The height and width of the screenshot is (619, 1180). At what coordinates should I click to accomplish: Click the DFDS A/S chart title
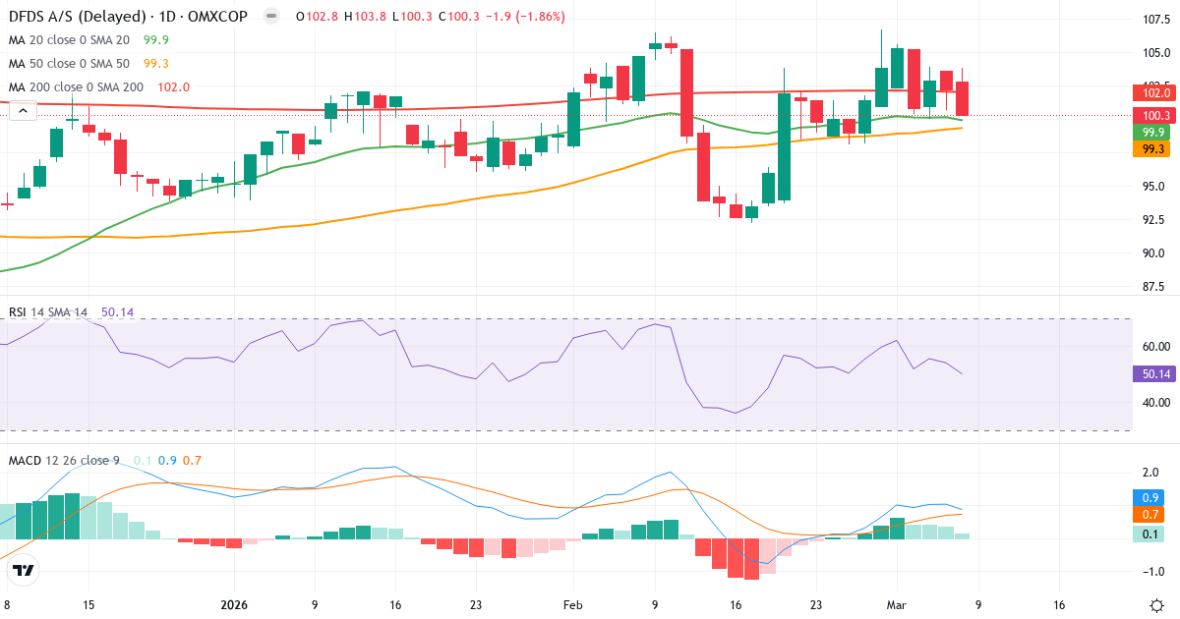coord(128,17)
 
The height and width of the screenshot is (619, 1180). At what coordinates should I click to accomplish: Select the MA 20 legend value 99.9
coord(156,40)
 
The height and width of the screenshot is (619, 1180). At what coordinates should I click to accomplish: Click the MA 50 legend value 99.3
coord(156,64)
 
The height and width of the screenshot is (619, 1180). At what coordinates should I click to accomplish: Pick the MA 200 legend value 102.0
coord(173,87)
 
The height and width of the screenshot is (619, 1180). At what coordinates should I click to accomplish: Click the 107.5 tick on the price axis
coord(1154,20)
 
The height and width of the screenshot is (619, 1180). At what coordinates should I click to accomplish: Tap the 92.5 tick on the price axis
coord(1154,219)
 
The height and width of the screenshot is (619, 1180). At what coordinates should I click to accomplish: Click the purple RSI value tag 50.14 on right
coord(1154,374)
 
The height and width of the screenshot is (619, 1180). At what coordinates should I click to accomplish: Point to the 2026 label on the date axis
coord(234,605)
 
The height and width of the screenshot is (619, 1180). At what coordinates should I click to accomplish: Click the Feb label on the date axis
coord(573,605)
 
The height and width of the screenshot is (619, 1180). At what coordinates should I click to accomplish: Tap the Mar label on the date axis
coord(895,605)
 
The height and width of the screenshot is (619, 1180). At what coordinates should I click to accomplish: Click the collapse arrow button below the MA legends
coord(23,112)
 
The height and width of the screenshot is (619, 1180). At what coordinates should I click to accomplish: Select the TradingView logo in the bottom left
coord(24,570)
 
